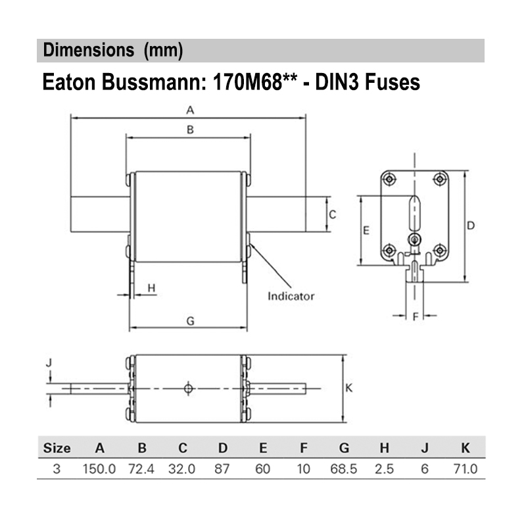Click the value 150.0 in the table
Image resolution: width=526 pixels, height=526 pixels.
click(100, 469)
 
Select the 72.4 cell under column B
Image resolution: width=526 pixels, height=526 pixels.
click(141, 469)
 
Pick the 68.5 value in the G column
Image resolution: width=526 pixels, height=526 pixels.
click(344, 469)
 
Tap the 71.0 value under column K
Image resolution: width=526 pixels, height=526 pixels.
click(465, 469)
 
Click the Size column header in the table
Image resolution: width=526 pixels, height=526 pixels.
click(57, 448)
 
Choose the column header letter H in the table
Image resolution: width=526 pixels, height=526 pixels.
click(384, 448)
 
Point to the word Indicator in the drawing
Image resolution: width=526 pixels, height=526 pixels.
click(291, 296)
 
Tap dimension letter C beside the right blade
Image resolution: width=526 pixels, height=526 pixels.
click(333, 214)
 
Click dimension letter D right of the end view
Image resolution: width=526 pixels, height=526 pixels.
click(471, 226)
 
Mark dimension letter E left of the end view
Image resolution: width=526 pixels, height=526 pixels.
click(367, 230)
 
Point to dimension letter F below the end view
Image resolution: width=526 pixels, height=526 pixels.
click(415, 317)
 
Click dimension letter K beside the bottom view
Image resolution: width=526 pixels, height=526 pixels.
click(349, 388)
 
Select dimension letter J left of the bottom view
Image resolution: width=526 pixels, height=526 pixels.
click(49, 362)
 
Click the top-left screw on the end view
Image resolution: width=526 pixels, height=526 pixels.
click(389, 179)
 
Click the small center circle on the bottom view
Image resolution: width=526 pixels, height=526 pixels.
click(189, 388)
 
